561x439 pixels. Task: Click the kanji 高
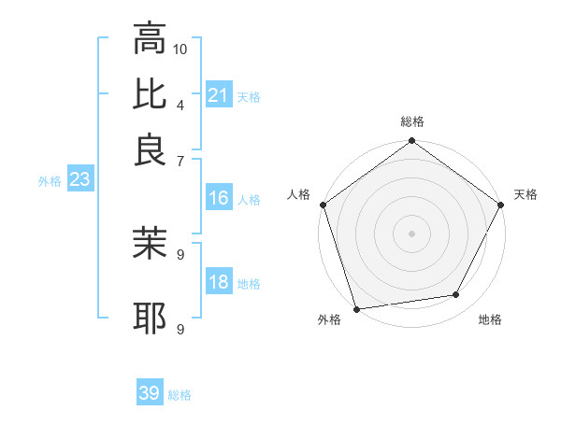click(150, 40)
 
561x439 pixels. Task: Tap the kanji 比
click(150, 94)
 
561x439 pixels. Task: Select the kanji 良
click(150, 149)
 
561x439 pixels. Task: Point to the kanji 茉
click(150, 243)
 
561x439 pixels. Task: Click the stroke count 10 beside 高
click(180, 49)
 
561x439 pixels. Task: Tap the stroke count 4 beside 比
click(180, 103)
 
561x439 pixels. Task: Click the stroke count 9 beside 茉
click(180, 252)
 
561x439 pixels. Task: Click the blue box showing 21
click(219, 94)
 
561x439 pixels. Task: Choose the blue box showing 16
click(219, 198)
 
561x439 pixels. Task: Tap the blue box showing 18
click(219, 282)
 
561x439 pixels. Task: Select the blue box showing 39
click(150, 393)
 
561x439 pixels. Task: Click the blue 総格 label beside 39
click(180, 395)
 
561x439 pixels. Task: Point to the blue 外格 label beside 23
click(50, 182)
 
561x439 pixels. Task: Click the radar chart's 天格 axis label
click(525, 194)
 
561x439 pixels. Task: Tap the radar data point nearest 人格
click(324, 205)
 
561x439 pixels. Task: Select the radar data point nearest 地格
click(456, 295)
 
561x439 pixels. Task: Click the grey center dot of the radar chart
click(411, 233)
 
